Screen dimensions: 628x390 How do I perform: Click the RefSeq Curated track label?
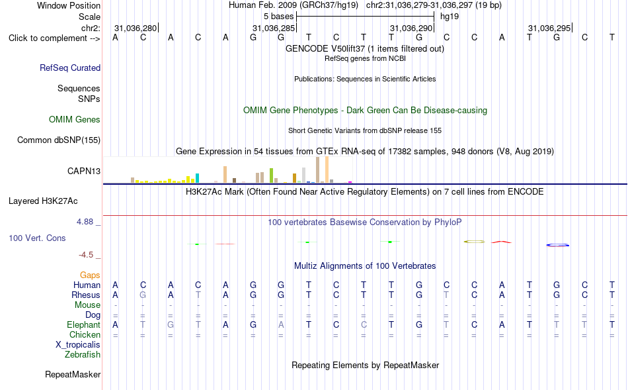click(70, 68)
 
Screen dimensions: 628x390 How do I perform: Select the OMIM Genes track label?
click(75, 120)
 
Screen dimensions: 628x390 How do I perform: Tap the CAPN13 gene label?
click(84, 171)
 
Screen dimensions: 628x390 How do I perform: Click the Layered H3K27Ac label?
click(43, 201)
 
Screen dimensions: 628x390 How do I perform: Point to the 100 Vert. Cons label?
click(37, 238)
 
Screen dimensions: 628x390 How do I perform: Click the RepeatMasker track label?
click(73, 374)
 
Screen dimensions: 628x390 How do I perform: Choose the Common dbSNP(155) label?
click(59, 140)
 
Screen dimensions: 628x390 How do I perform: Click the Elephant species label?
click(84, 324)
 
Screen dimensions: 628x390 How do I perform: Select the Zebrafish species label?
click(83, 355)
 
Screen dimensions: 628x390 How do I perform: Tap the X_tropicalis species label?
click(78, 345)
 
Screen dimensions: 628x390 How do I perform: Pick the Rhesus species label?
click(86, 295)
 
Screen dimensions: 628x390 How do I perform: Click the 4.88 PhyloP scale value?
click(85, 222)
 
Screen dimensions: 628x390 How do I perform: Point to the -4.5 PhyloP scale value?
click(86, 255)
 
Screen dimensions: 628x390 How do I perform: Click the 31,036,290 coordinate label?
click(411, 28)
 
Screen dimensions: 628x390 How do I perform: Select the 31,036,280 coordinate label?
click(136, 28)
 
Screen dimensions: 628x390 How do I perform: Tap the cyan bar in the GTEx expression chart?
click(197, 178)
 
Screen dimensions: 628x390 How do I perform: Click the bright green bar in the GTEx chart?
click(271, 175)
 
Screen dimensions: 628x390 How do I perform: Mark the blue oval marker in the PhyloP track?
click(557, 245)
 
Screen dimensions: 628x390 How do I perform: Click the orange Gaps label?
click(90, 275)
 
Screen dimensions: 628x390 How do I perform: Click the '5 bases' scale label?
click(278, 17)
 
